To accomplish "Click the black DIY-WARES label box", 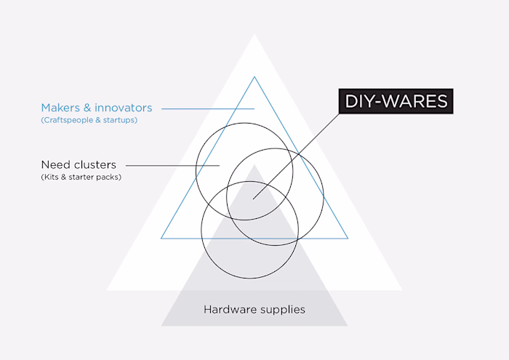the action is [x=396, y=101].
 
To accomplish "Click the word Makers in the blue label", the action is [x=60, y=108].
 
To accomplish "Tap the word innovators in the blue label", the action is [x=124, y=108].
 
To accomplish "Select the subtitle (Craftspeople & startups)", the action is [x=89, y=120].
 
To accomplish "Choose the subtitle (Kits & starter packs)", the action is [x=81, y=177].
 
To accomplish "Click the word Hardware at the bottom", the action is [x=231, y=309].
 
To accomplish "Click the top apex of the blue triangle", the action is [x=254, y=77].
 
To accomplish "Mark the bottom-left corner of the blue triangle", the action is [x=161, y=239].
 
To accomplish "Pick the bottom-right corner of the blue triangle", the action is [x=348, y=239].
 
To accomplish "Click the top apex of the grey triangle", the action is [x=254, y=165].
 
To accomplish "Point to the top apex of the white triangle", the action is [x=254, y=34].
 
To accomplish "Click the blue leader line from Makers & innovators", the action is [x=208, y=109].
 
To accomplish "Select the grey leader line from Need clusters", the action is [x=173, y=166].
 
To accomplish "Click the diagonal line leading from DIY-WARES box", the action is [x=296, y=156].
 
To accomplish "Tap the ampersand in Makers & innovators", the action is [x=87, y=108].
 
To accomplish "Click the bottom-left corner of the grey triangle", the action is [x=161, y=326].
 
